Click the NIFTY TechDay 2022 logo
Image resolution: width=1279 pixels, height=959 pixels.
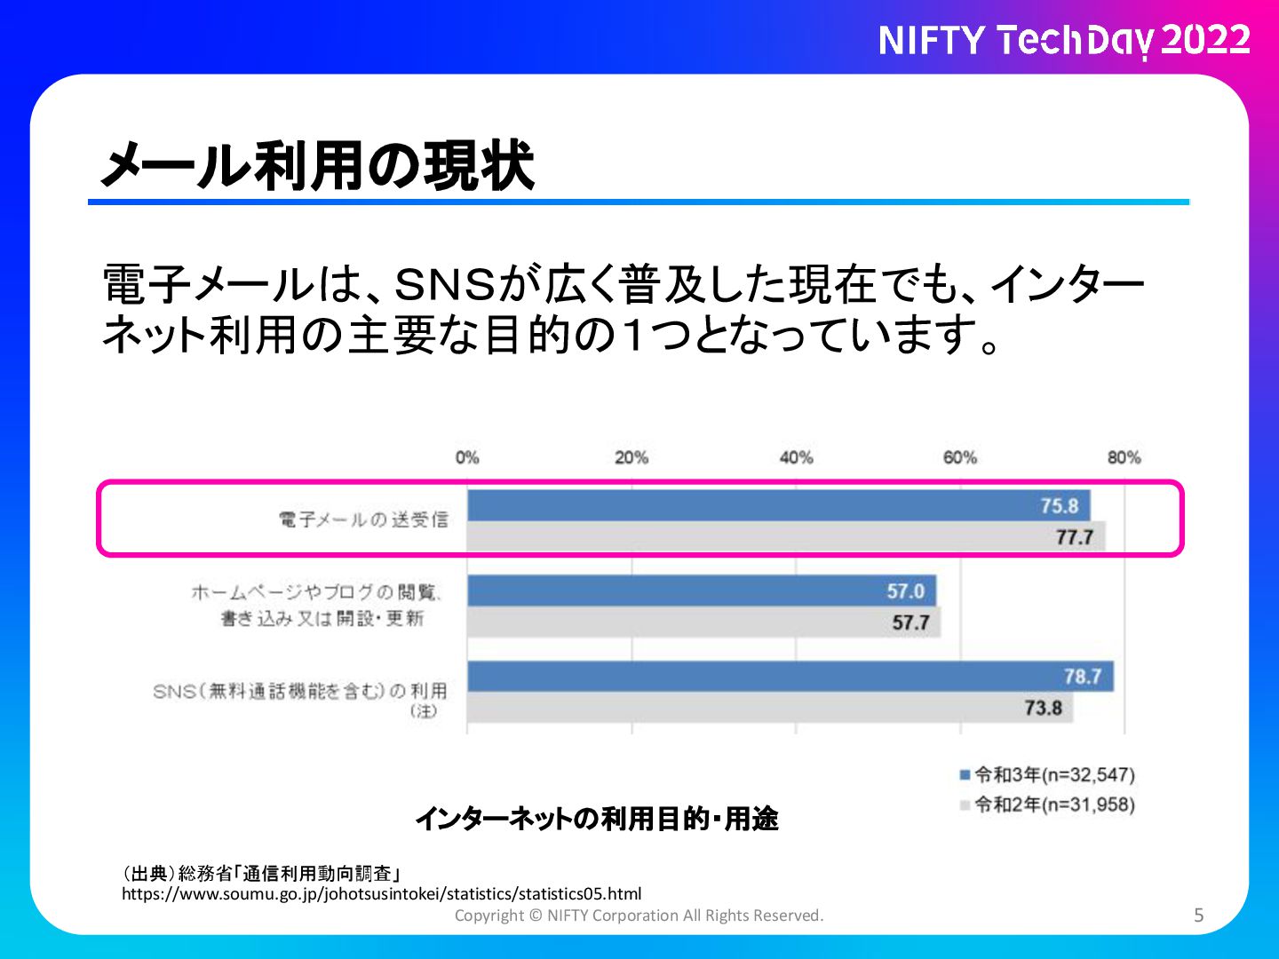[1065, 41]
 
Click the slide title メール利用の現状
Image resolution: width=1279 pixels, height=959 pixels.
[318, 165]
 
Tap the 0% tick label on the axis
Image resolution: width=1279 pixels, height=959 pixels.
[467, 457]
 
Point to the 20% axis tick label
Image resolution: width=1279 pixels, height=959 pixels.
[632, 457]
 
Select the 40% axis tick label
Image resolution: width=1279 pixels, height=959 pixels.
[796, 457]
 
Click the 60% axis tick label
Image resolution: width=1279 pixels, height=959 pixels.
[960, 457]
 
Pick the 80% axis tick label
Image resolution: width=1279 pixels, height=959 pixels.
[1124, 457]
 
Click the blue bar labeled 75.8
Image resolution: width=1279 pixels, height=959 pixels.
[778, 505]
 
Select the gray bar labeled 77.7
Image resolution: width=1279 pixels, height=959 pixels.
[786, 536]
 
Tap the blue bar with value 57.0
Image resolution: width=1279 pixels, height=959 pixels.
[702, 591]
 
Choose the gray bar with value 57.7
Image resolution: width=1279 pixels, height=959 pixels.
[703, 622]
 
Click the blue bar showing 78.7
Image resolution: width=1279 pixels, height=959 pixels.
[790, 676]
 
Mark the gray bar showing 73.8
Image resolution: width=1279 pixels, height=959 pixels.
[770, 708]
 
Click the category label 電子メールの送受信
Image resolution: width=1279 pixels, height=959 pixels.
[363, 519]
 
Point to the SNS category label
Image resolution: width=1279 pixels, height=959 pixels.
[300, 700]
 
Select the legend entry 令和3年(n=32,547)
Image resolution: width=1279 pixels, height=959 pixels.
[1047, 775]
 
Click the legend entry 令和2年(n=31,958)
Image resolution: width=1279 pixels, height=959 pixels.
[1047, 804]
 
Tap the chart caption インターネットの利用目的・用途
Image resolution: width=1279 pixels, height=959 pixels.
[597, 819]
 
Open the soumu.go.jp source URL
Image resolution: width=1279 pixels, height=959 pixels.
[382, 894]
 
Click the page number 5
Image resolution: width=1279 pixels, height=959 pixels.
[1198, 915]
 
